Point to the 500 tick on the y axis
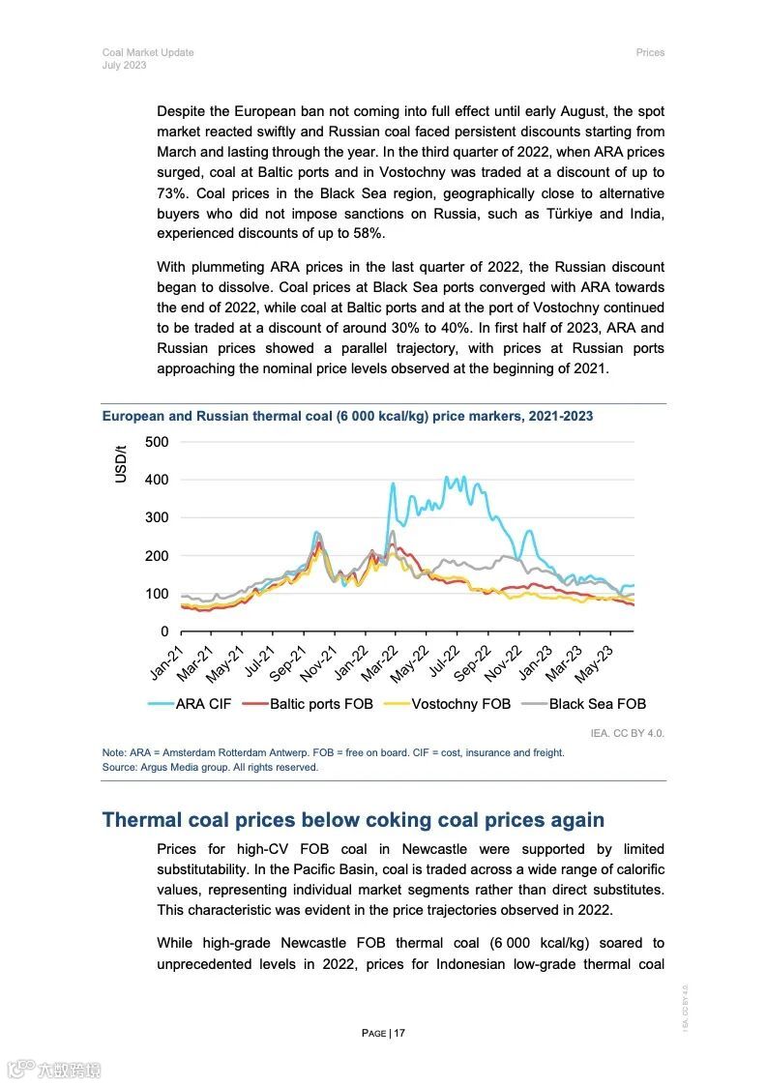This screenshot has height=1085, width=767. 156,442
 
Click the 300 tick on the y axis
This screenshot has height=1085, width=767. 156,517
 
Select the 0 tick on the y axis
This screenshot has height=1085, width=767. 163,631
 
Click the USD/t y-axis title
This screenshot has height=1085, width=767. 121,463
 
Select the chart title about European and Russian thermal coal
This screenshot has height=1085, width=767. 347,416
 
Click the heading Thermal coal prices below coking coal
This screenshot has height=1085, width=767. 353,820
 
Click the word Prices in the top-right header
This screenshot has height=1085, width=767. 650,52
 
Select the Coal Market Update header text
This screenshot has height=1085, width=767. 148,52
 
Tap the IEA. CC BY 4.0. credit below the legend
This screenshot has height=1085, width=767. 628,733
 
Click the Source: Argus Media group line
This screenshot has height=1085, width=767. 210,767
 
